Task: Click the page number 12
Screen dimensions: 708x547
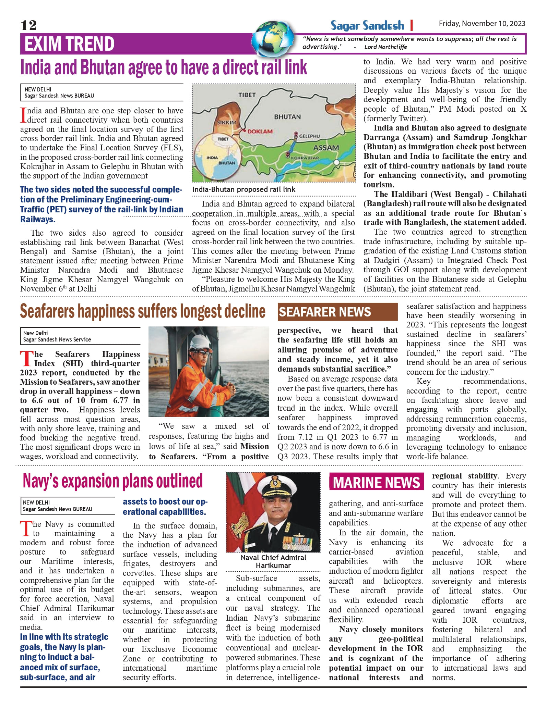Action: [28, 25]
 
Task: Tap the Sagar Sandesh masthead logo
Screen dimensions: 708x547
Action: [367, 25]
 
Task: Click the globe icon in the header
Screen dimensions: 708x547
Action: [273, 38]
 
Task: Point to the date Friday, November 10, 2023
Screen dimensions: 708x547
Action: [482, 24]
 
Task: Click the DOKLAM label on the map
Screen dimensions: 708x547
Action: [260, 131]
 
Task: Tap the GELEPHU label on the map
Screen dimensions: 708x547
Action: [309, 136]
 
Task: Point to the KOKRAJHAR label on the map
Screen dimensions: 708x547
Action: [305, 158]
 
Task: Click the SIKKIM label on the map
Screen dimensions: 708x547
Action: [227, 122]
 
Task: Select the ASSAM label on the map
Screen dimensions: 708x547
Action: [326, 148]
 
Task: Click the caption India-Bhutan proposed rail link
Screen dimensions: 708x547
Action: [243, 189]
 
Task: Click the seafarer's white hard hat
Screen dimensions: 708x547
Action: [201, 342]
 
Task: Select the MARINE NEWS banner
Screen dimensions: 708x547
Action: [376, 483]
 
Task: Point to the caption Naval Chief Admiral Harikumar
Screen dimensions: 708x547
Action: [273, 561]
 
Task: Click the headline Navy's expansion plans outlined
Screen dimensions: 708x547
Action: [113, 481]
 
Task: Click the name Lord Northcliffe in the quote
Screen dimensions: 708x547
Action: [385, 47]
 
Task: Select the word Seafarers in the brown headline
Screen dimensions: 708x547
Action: [47, 311]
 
